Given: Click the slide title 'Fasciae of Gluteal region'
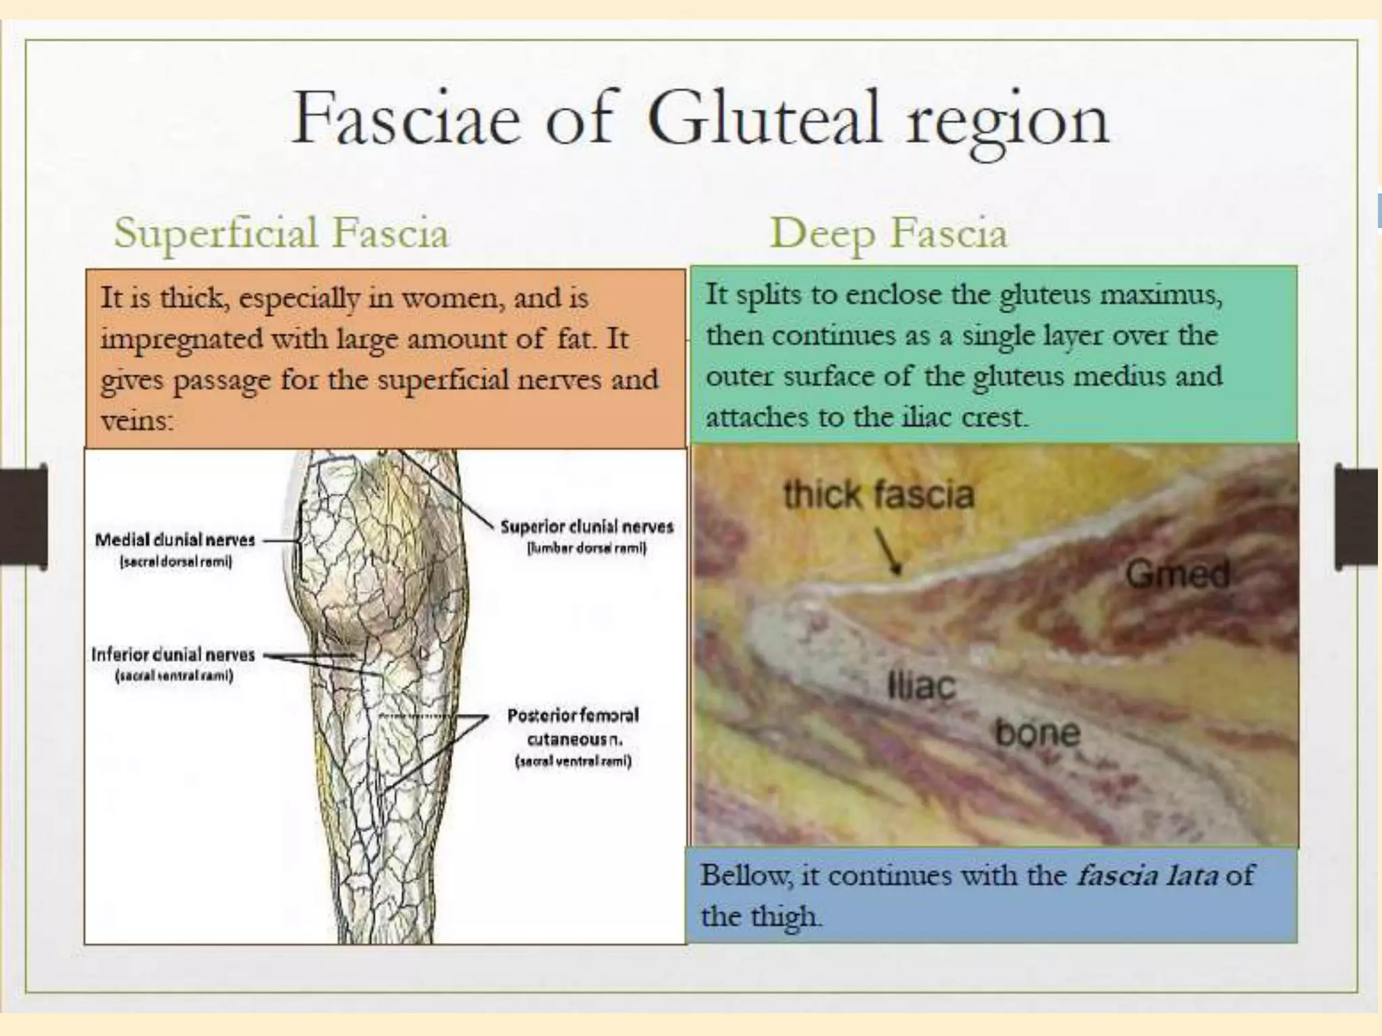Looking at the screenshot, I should click(700, 120).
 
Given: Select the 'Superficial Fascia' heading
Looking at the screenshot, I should click(281, 233).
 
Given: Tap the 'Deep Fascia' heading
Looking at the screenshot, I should click(888, 233).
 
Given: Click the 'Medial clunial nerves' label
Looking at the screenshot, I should click(175, 540).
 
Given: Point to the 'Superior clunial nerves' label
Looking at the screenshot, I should click(586, 527).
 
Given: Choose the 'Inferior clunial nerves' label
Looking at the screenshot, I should click(173, 654).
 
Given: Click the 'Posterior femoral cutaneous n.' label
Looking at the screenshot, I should click(573, 726).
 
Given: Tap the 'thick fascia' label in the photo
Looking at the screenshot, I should click(879, 494).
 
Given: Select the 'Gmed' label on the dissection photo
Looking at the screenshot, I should click(1178, 575).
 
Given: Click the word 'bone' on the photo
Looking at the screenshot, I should click(1037, 733).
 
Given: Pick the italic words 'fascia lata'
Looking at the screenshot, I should click(1147, 875).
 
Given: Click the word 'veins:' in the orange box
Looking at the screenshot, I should click(137, 421).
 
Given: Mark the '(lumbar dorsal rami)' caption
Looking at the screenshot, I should click(586, 548).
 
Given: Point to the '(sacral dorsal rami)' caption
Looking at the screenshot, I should click(175, 561).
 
